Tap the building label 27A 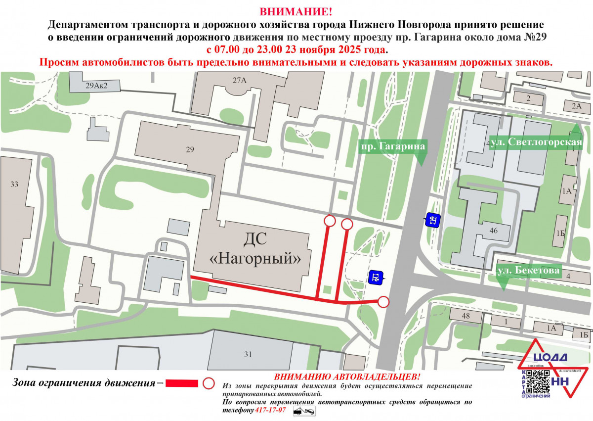pyautogui.click(x=240, y=80)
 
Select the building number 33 pyautogui.click(x=14, y=185)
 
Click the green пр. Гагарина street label pyautogui.click(x=392, y=147)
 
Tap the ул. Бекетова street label pyautogui.click(x=528, y=271)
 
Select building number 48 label pyautogui.click(x=466, y=316)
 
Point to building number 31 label pyautogui.click(x=248, y=354)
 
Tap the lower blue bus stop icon pyautogui.click(x=376, y=278)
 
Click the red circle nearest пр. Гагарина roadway pyautogui.click(x=383, y=301)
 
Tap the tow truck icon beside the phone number pyautogui.click(x=304, y=411)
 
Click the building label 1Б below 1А pyautogui.click(x=560, y=233)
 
